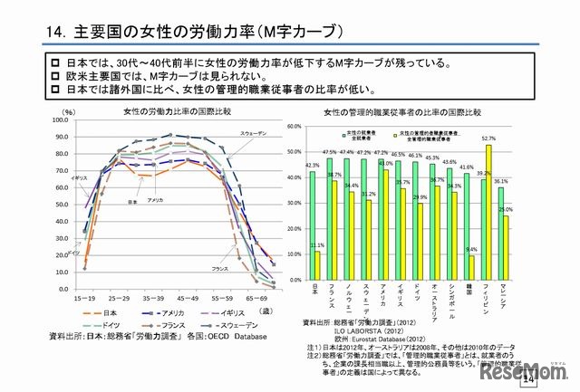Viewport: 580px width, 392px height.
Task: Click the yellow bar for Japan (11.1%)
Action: [317, 266]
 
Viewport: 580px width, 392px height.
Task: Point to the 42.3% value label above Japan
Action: [312, 166]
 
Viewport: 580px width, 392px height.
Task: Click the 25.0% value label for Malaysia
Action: [506, 210]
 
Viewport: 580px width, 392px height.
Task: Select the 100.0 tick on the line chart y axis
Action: [61, 120]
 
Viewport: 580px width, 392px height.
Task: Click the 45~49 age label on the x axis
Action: [188, 296]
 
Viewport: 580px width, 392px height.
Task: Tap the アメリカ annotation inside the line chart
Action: [155, 199]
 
